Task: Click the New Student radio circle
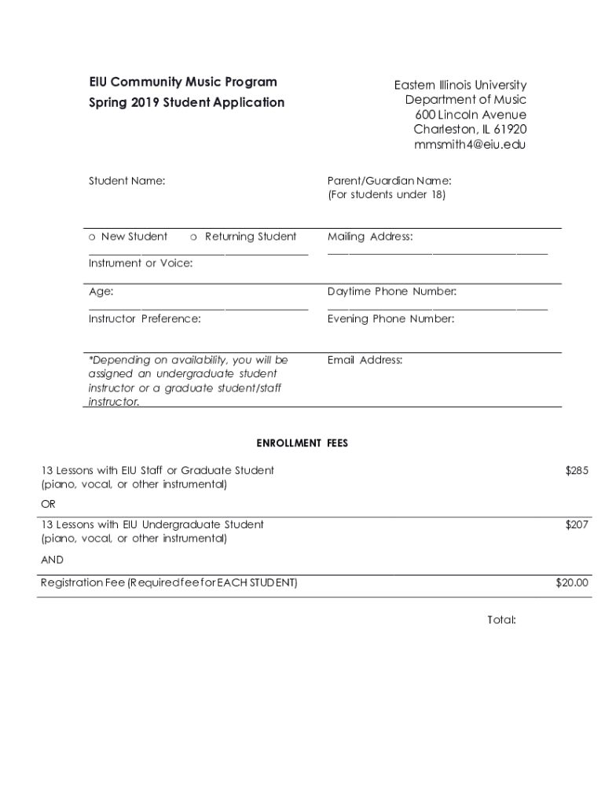coord(93,237)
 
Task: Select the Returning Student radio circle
coord(194,237)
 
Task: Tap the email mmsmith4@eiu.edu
coord(470,145)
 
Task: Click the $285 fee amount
coord(577,470)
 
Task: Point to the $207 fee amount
coord(577,524)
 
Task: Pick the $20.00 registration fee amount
coord(572,583)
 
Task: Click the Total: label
coord(501,620)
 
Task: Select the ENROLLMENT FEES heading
coord(302,443)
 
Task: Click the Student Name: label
coord(126,181)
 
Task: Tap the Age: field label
coord(101,292)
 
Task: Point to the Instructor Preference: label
coord(145,319)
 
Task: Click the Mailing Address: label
coord(370,237)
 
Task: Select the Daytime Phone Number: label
coord(392,292)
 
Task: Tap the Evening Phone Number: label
coord(390,319)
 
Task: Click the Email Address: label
coord(365,360)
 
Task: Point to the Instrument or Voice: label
coord(141,263)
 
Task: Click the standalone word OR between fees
coord(49,503)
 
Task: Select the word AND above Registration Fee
coord(52,560)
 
